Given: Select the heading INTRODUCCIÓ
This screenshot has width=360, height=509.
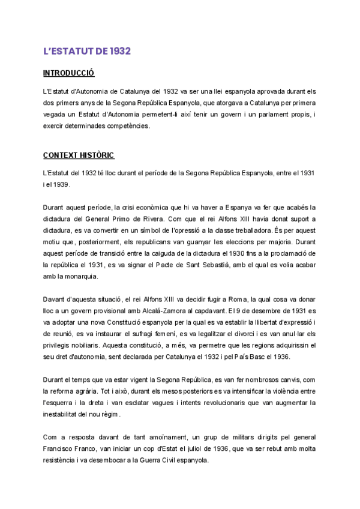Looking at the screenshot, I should [x=69, y=74].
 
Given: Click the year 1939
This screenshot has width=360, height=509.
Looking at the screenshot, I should [x=61, y=184].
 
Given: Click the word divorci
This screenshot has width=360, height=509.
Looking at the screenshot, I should [x=245, y=333].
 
